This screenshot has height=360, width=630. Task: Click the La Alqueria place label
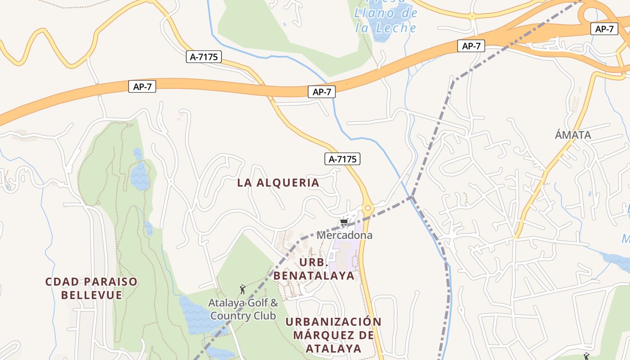(x=278, y=183)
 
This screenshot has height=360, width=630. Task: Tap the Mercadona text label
(x=344, y=235)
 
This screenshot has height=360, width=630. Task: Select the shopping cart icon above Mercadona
(x=344, y=222)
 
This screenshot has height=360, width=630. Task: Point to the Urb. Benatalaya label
(x=314, y=269)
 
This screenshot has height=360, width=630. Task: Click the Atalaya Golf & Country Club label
(x=243, y=309)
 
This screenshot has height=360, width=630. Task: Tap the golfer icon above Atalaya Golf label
(x=243, y=289)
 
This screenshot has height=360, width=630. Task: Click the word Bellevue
(x=91, y=295)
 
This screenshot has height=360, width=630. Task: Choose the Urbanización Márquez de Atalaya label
(x=333, y=335)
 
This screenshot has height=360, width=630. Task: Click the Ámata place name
(x=573, y=135)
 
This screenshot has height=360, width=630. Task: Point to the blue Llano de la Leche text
(x=385, y=21)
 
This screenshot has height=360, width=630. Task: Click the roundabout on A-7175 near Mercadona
(x=368, y=208)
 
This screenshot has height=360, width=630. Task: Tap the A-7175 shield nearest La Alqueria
(x=342, y=159)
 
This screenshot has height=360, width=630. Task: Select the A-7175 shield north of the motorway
(x=204, y=57)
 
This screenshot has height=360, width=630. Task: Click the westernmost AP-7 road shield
(x=142, y=87)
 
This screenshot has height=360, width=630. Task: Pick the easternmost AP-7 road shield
(x=604, y=29)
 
